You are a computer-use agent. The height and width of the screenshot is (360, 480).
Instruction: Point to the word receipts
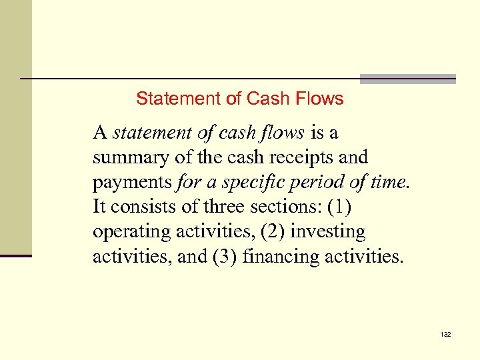pyautogui.click(x=297, y=158)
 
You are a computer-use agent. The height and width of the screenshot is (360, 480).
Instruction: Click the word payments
pyautogui.click(x=132, y=183)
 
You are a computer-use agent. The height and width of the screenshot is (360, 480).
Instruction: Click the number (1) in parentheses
pyautogui.click(x=339, y=207)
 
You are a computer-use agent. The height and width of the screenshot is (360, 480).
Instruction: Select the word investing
pyautogui.click(x=327, y=232)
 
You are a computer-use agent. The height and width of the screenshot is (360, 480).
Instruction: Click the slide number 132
pyautogui.click(x=445, y=333)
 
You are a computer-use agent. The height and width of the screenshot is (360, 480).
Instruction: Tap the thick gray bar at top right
pyautogui.click(x=407, y=79)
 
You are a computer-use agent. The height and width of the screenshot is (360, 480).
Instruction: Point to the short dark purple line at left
pyautogui.click(x=16, y=255)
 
